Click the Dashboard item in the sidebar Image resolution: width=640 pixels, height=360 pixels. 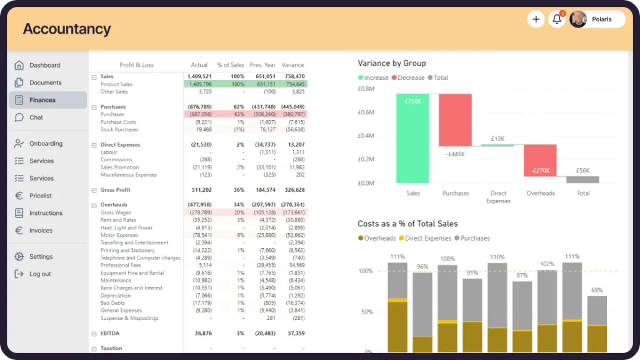point(44,65)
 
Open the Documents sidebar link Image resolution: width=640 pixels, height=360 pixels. point(45,82)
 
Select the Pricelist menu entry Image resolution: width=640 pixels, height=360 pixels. point(40,196)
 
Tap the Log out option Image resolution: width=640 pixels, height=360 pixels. point(40,274)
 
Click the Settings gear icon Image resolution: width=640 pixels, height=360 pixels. point(19,256)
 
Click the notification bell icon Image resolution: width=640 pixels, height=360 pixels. point(556,19)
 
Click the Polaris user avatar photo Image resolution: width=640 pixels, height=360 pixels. point(579,19)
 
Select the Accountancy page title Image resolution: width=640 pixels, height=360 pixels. point(67,29)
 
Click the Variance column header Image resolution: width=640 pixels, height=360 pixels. point(292,65)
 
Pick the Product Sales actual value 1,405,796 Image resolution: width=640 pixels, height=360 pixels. point(200,84)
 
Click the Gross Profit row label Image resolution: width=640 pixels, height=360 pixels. point(115,190)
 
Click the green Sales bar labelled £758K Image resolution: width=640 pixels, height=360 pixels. point(412,138)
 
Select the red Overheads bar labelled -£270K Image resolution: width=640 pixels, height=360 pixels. point(540,161)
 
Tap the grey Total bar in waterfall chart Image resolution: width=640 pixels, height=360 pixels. point(582,179)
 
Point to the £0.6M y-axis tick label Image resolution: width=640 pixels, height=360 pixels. point(366,112)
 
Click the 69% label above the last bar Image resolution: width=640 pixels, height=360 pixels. point(597,290)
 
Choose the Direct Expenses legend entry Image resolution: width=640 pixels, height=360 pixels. point(427,238)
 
